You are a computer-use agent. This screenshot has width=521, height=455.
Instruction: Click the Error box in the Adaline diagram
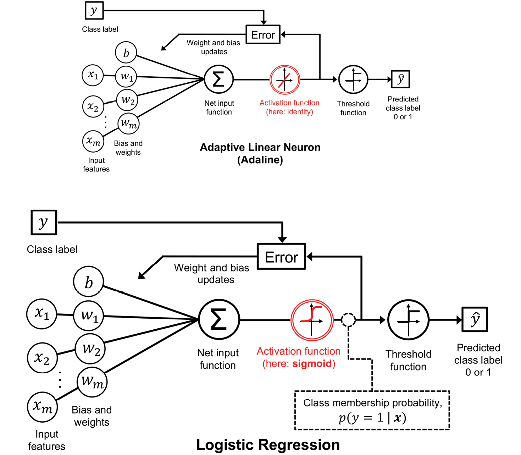tap(263, 34)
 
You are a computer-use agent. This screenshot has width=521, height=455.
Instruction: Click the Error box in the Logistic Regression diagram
tap(281, 257)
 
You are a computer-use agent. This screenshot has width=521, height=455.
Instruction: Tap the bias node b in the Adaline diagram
tap(126, 53)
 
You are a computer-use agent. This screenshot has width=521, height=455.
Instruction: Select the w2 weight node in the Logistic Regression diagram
tap(90, 349)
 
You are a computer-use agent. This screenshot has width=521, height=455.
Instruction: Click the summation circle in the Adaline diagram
tap(218, 79)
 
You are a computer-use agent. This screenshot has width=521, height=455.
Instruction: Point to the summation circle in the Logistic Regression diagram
tap(219, 319)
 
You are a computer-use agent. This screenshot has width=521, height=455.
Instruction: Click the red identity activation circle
tap(285, 80)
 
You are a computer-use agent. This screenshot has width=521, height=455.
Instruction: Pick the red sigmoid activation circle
tap(312, 320)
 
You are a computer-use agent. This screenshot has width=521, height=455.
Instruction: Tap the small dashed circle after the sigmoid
tap(348, 320)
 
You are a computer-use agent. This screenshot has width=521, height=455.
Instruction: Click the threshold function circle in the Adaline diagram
tap(353, 80)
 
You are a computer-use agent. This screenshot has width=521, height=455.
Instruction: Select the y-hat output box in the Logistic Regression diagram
tap(475, 319)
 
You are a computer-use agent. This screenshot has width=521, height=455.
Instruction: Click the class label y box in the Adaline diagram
tap(94, 10)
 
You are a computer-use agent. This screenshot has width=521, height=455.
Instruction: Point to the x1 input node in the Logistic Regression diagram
tap(42, 314)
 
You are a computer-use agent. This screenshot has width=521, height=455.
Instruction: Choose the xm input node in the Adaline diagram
tap(93, 141)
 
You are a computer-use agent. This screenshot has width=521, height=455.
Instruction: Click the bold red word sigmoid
tap(312, 364)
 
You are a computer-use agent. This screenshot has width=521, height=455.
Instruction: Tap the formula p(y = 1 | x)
tap(372, 417)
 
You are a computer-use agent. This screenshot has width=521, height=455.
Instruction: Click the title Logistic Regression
tap(268, 445)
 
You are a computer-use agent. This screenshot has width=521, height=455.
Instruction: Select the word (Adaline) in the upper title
tap(260, 160)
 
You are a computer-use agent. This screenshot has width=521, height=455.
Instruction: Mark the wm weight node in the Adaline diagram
tap(128, 124)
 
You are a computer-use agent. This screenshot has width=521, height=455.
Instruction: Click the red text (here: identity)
tap(289, 112)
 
